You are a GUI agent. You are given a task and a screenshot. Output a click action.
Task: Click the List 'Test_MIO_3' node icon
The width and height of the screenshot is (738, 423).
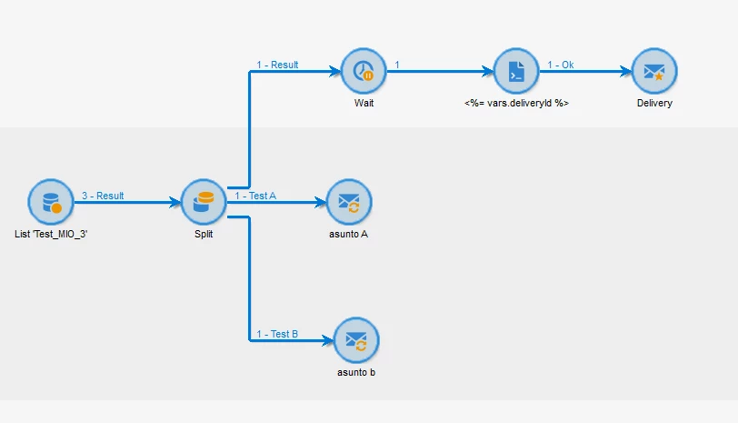pos(49,201)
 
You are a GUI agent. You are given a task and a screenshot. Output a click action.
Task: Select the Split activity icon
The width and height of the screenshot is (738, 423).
pos(204,201)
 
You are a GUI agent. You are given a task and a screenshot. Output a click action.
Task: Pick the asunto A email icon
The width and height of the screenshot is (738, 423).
pos(350,201)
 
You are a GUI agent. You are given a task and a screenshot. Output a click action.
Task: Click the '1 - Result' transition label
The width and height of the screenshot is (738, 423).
pos(277,65)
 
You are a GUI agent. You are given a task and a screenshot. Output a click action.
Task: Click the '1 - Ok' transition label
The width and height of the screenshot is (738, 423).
pos(560,65)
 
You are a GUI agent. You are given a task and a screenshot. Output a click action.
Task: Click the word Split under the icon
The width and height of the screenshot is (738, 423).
pos(204,235)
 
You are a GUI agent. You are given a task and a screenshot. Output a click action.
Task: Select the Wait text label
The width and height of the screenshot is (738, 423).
pos(364,104)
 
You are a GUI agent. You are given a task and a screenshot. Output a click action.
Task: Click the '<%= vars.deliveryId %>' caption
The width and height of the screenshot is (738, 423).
pos(516,104)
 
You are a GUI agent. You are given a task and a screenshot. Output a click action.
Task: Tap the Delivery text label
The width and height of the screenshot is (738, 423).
pos(654,104)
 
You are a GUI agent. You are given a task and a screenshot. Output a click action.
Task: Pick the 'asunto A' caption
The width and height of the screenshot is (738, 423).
pos(350,235)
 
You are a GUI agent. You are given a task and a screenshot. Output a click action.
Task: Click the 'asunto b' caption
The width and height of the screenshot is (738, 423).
pos(356,373)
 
